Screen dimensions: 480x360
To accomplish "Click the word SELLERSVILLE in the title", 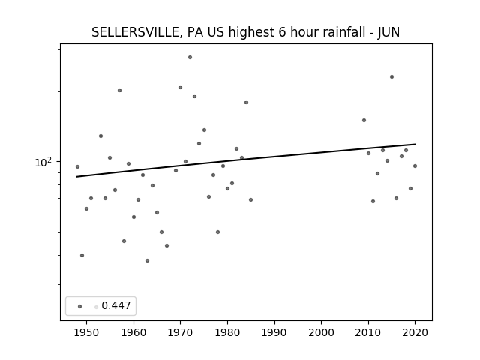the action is tap(135, 32).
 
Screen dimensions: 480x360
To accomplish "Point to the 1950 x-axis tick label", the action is tap(87, 332).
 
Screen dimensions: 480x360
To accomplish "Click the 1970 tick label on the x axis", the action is tap(180, 332).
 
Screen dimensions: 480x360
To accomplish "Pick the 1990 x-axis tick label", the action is tap(274, 332).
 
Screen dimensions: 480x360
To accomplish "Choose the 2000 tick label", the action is tap(322, 332).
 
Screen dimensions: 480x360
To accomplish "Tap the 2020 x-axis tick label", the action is tap(415, 332).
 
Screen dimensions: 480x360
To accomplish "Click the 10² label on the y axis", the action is tap(43, 162).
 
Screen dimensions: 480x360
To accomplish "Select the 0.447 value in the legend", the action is tap(116, 305).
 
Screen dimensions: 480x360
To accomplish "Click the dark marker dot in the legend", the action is tap(80, 306).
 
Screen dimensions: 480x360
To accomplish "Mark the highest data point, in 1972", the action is tap(190, 57).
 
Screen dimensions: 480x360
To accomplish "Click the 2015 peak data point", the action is tap(391, 76).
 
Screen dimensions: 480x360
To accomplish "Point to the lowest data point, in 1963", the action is tap(147, 260).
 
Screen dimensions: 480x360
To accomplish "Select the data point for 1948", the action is tap(77, 166).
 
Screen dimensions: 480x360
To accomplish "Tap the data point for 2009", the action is tap(364, 120).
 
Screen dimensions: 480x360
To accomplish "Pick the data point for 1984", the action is tap(247, 102).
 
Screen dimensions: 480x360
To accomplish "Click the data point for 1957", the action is tap(120, 90).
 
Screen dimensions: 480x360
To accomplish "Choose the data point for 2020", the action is tap(415, 166).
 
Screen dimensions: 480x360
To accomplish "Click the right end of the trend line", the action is tap(415, 144).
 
